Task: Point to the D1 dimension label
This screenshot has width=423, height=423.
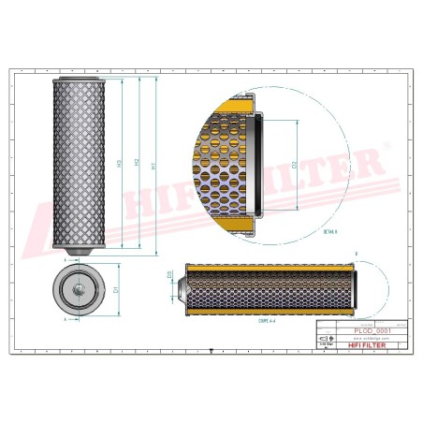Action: point(115,291)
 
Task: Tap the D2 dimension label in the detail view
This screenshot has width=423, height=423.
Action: point(296,166)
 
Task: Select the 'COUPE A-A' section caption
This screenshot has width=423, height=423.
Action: point(267,319)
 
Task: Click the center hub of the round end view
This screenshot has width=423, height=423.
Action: point(78,291)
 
